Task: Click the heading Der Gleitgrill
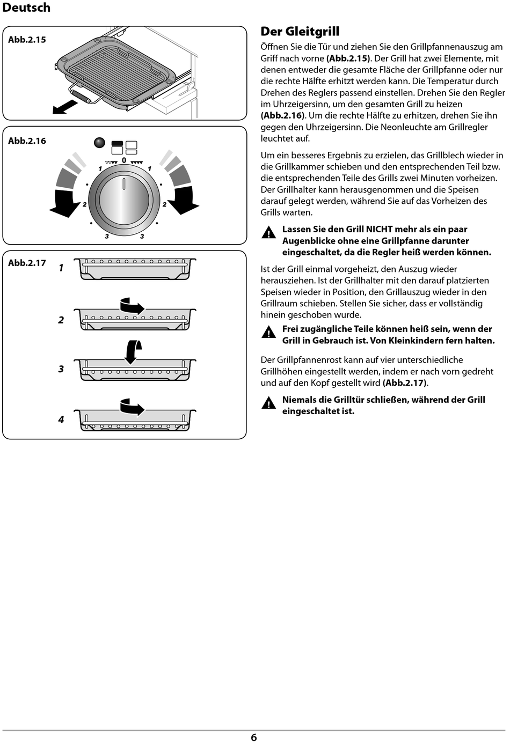[300, 32]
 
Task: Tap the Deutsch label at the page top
[26, 8]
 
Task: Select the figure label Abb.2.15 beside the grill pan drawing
[27, 40]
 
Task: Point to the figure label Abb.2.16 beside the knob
[27, 141]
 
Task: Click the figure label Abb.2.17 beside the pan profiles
[27, 263]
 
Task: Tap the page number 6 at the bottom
[254, 738]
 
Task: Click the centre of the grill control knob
[124, 198]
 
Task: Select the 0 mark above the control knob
[124, 160]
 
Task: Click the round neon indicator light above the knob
[99, 143]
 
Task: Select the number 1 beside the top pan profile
[61, 268]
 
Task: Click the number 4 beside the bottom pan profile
[61, 419]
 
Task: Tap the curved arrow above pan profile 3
[132, 351]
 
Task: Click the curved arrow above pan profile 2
[132, 306]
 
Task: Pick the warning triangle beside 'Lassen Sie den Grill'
[268, 233]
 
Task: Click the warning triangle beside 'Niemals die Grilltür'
[268, 403]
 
